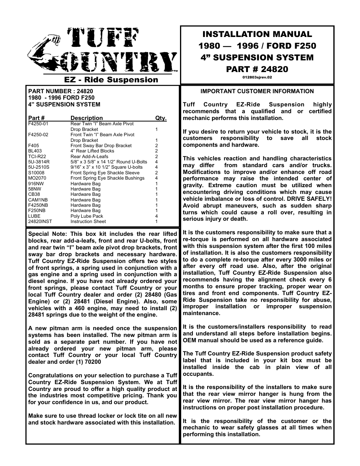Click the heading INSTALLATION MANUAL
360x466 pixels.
click(257, 34)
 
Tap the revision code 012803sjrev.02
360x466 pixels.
click(257, 77)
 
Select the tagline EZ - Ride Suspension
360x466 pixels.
click(111, 80)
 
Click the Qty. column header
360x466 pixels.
click(161, 118)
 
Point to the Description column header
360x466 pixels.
click(86, 118)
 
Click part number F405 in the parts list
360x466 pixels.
click(34, 146)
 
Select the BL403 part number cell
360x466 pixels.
click(35, 151)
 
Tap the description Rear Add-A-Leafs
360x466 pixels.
click(89, 157)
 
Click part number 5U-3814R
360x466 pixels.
click(39, 162)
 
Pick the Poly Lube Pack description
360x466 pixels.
click(86, 216)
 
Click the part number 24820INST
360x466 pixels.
click(40, 221)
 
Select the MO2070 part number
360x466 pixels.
click(37, 178)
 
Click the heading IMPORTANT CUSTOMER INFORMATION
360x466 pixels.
click(257, 91)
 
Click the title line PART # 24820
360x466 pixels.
click(257, 69)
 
